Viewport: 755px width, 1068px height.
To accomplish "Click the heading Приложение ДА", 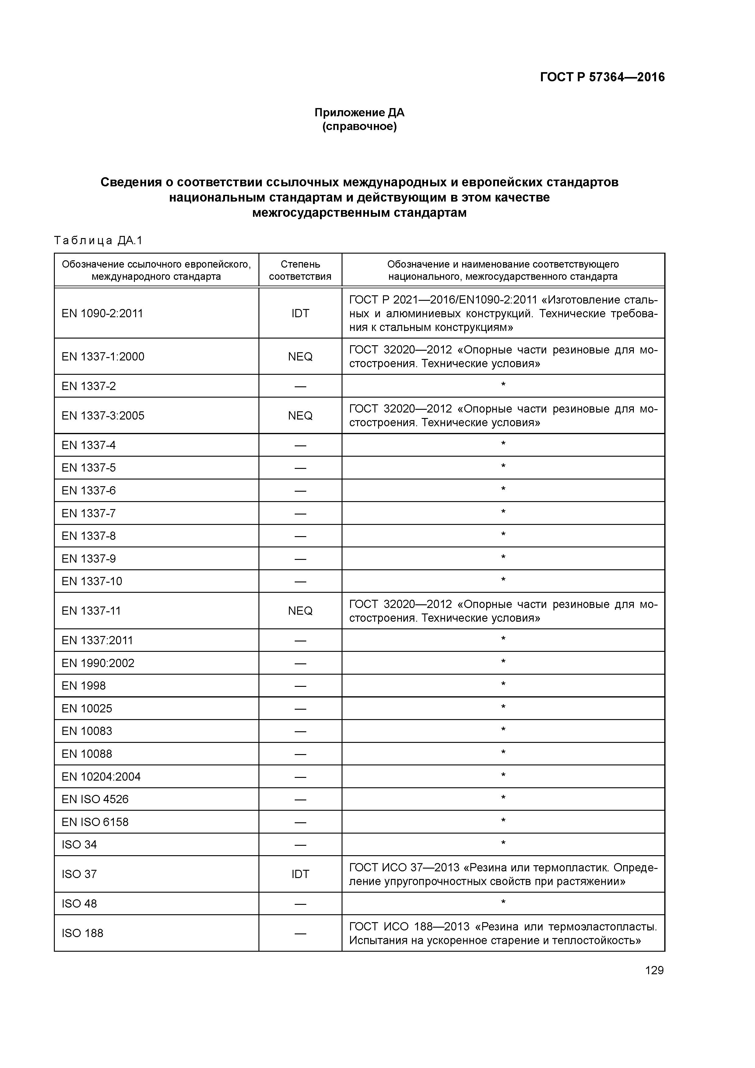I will [x=359, y=113].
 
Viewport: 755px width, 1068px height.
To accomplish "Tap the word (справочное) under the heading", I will [x=359, y=127].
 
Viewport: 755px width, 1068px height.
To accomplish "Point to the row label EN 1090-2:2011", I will [x=102, y=314].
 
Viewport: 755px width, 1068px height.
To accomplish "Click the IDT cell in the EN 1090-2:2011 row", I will [x=300, y=314].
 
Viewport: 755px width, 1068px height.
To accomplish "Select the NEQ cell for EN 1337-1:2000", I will [x=300, y=357].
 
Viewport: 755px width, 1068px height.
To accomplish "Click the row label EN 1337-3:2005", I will [x=103, y=416].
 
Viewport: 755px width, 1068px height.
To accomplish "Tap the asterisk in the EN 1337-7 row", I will [x=503, y=512].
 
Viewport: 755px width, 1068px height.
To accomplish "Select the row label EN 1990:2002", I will [x=98, y=663].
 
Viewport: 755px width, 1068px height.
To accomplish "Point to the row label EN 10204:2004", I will [x=101, y=777].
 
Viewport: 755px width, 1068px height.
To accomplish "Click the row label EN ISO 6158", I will [x=95, y=822].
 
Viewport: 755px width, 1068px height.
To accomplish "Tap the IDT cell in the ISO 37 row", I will [x=300, y=874].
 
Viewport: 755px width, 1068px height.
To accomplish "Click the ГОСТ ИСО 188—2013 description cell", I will [x=503, y=933].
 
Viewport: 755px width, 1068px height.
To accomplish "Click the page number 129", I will [x=654, y=970].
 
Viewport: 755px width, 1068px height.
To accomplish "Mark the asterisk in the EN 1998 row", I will [x=503, y=685].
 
